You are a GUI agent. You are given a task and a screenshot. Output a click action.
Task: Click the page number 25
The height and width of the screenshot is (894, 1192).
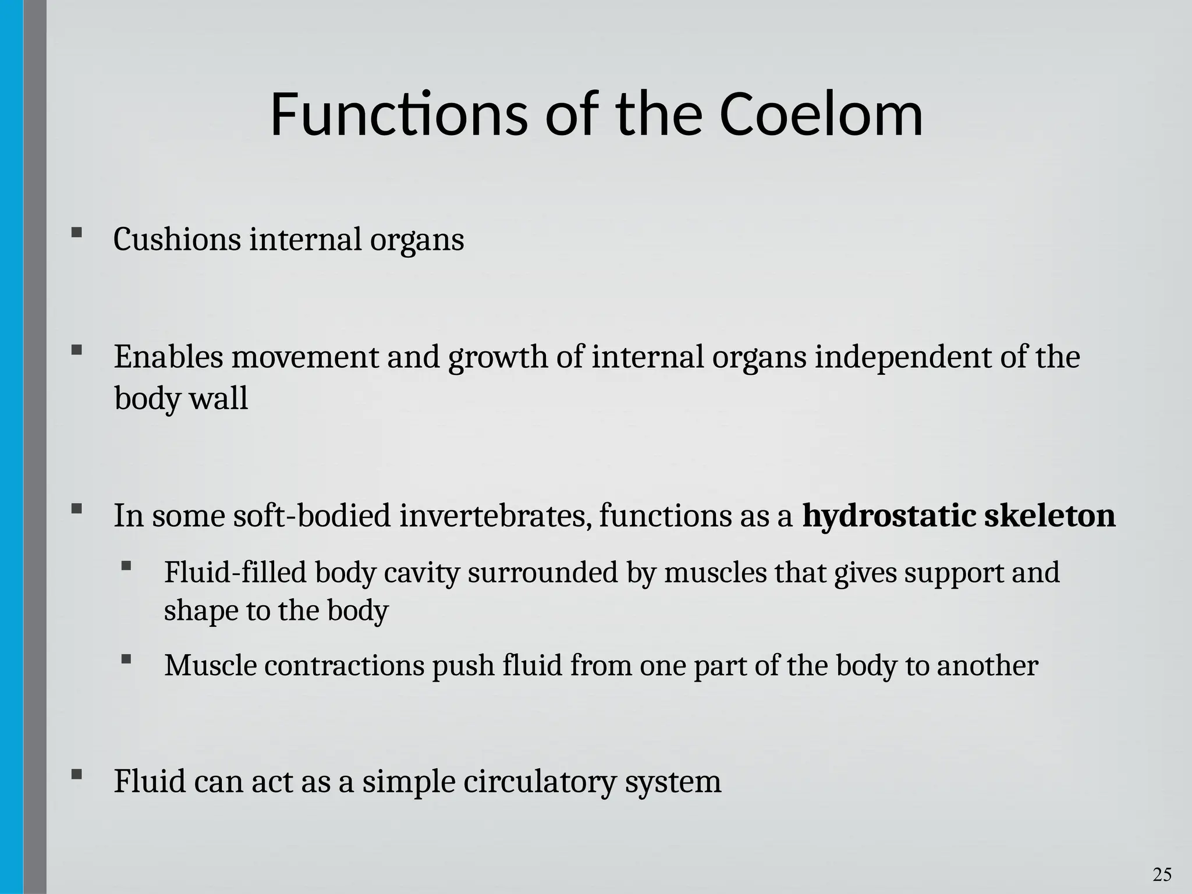coord(1162,874)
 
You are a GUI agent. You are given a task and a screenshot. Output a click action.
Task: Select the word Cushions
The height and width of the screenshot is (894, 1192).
coord(177,240)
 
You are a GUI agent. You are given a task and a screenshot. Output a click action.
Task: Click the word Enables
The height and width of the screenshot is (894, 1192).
coord(168,357)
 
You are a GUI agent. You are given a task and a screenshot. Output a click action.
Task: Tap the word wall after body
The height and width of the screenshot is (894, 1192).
coord(224,399)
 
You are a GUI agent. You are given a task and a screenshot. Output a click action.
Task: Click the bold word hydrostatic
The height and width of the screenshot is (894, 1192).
coord(889,516)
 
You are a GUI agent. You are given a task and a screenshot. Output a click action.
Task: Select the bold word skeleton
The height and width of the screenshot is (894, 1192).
coord(1049,516)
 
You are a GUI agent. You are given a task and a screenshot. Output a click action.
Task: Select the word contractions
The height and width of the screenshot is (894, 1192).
coord(344,666)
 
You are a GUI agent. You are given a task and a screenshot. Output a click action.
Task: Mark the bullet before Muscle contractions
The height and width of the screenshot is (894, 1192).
coord(126,659)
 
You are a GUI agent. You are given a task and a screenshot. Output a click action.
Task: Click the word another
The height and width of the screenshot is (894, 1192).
coord(987,666)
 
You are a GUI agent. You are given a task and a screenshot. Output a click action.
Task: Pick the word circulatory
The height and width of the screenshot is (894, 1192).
coord(540,782)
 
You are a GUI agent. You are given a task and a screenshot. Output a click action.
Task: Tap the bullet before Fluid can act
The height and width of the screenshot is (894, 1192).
coord(76,775)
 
